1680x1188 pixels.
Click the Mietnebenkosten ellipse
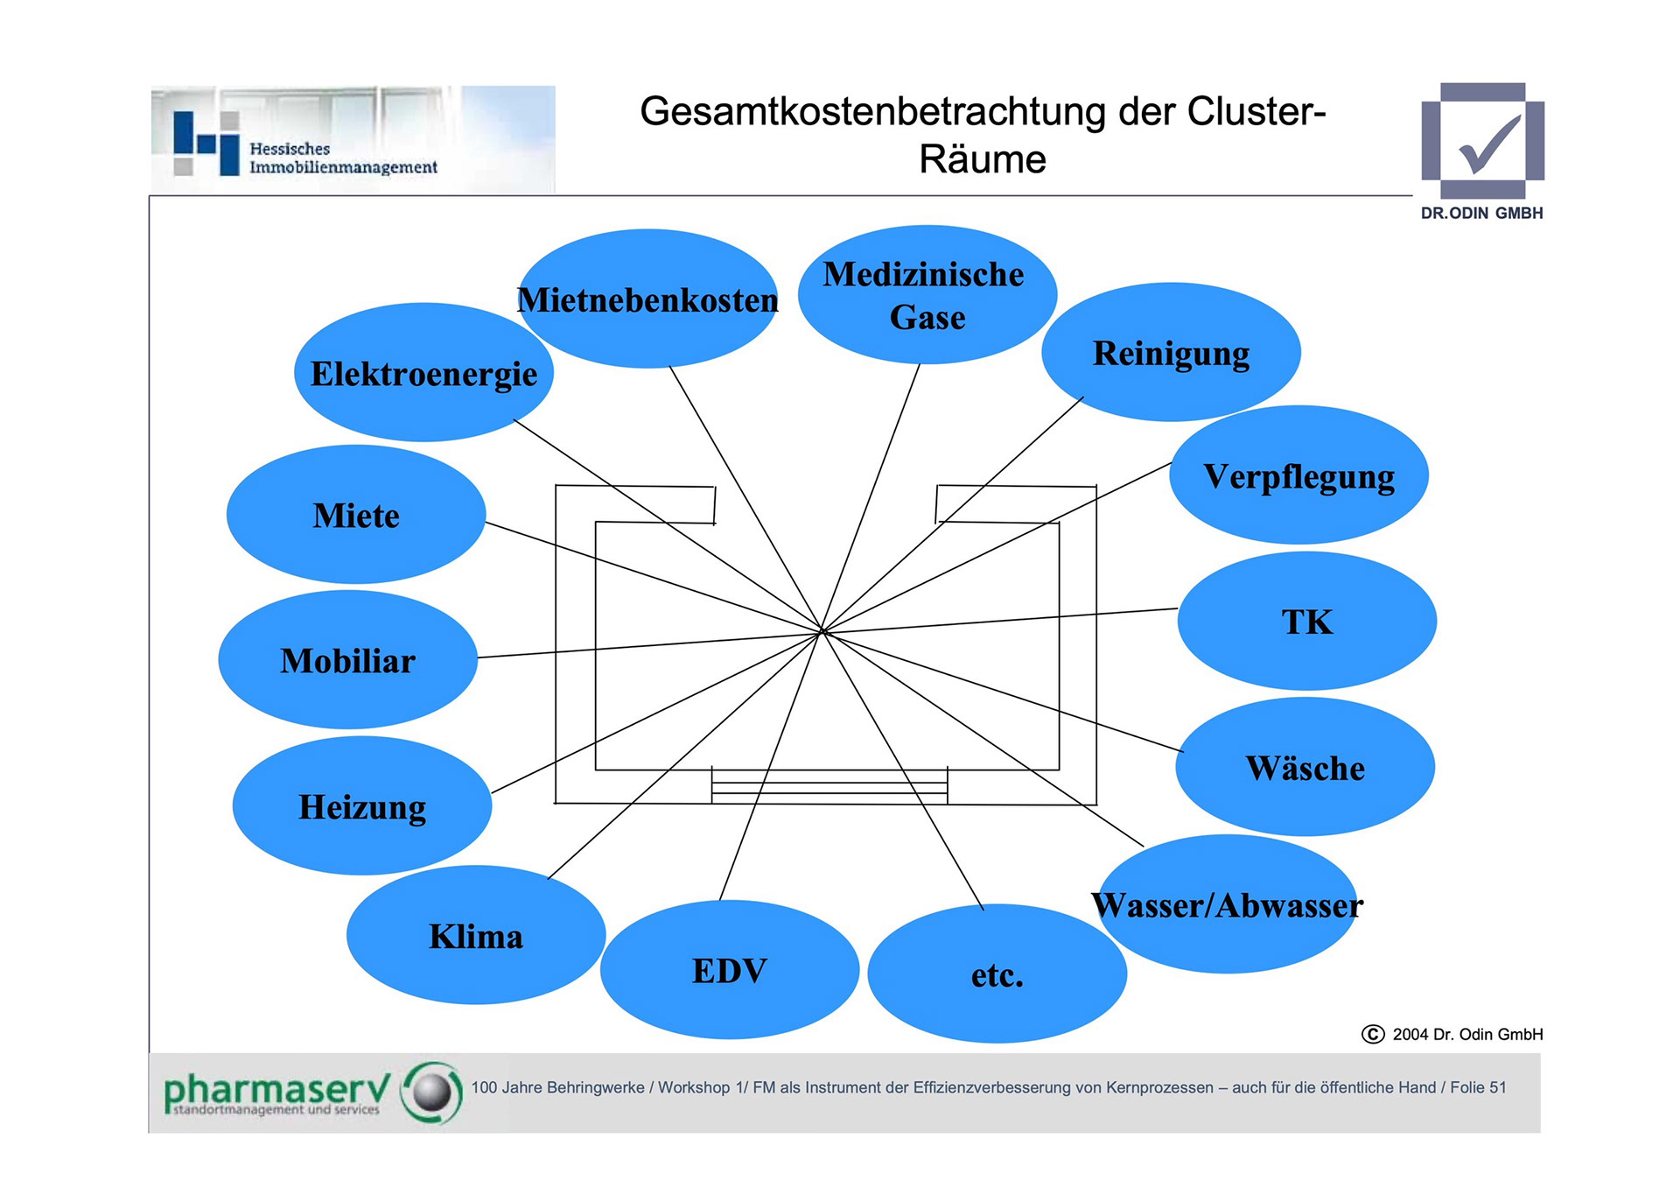(x=647, y=299)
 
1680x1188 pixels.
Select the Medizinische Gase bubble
(x=927, y=295)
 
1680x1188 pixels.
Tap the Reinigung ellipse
(x=1171, y=353)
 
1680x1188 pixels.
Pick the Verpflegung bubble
(x=1298, y=475)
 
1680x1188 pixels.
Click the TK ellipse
(x=1307, y=622)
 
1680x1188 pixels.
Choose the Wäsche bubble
(x=1305, y=768)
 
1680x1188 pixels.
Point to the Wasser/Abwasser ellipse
(x=1227, y=905)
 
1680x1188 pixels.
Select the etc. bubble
(x=997, y=974)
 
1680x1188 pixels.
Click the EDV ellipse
(x=730, y=971)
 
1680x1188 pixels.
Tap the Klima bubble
(x=476, y=936)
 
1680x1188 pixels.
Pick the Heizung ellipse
(x=362, y=806)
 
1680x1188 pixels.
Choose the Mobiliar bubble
(x=348, y=660)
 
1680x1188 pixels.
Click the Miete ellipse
(x=356, y=515)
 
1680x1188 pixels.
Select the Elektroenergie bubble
(x=423, y=373)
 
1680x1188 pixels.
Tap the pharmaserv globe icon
(x=431, y=1092)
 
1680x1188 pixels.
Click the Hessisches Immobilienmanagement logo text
(x=342, y=158)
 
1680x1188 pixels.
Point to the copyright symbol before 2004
(x=1373, y=1034)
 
